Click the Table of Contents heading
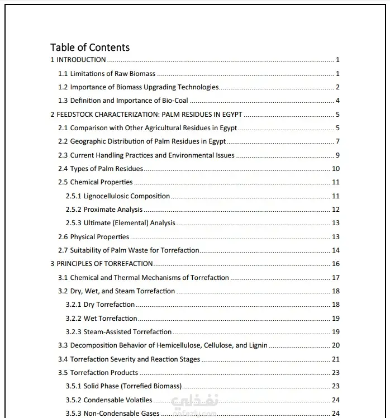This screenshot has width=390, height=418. pyautogui.click(x=90, y=47)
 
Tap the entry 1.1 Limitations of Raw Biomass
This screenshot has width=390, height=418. pyautogui.click(x=107, y=74)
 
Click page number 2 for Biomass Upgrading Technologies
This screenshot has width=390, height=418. pyautogui.click(x=337, y=87)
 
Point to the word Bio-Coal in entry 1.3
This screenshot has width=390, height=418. pyautogui.click(x=175, y=101)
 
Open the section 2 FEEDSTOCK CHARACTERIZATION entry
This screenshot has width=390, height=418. pyautogui.click(x=146, y=115)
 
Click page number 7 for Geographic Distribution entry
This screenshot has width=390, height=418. pyautogui.click(x=337, y=141)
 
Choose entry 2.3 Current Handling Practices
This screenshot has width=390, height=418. pyautogui.click(x=146, y=155)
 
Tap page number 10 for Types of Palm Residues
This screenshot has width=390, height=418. pyautogui.click(x=336, y=169)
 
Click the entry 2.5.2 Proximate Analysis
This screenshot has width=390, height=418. pyautogui.click(x=104, y=210)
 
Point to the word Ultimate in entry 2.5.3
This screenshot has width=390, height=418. pyautogui.click(x=98, y=223)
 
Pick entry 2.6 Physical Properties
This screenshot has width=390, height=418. pyautogui.click(x=94, y=237)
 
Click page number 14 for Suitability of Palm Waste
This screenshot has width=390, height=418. pyautogui.click(x=336, y=250)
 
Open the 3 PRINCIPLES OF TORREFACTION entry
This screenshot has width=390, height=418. pyautogui.click(x=102, y=264)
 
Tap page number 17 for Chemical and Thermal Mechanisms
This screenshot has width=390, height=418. pyautogui.click(x=336, y=278)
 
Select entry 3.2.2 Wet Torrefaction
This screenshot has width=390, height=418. pyautogui.click(x=102, y=319)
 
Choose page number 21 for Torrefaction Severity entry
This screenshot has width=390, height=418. pyautogui.click(x=336, y=359)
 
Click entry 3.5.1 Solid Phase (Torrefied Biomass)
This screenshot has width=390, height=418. pyautogui.click(x=123, y=386)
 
